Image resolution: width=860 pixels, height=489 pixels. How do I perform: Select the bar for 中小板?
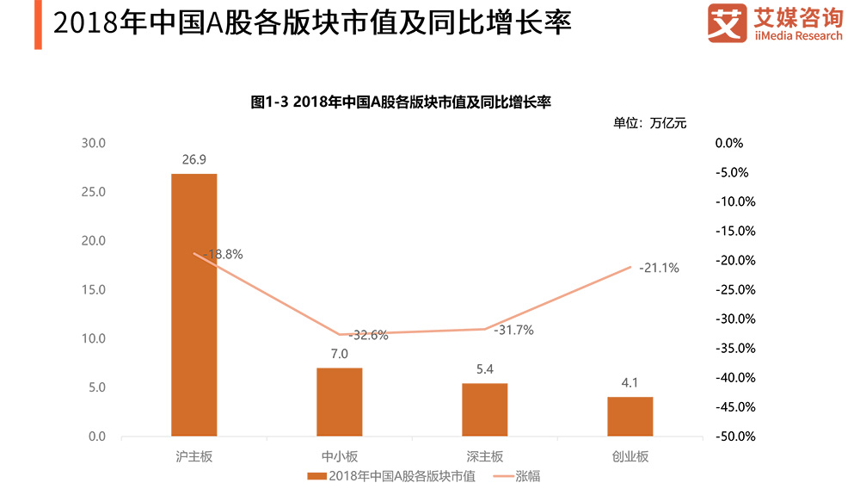point(339,402)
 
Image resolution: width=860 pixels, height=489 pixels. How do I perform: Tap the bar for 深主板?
point(484,410)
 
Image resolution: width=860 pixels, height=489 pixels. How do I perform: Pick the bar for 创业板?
point(630,417)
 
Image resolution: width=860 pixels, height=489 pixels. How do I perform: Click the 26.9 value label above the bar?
point(193,159)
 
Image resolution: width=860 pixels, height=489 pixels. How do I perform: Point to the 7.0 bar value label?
point(339,354)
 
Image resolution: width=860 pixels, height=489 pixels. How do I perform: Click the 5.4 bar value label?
point(484,369)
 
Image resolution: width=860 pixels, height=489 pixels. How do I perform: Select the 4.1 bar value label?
point(630,382)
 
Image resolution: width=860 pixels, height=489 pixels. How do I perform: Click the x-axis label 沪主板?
point(193,456)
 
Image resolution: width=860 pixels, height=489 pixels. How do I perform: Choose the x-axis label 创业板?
point(630,456)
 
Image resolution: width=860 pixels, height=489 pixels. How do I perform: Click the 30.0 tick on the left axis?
point(93,143)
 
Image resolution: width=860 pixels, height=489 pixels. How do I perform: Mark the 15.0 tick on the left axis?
point(93,290)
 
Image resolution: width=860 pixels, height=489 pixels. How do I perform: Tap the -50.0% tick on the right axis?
point(734,436)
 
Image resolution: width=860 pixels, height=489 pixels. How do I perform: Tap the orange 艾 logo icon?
point(727,23)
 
